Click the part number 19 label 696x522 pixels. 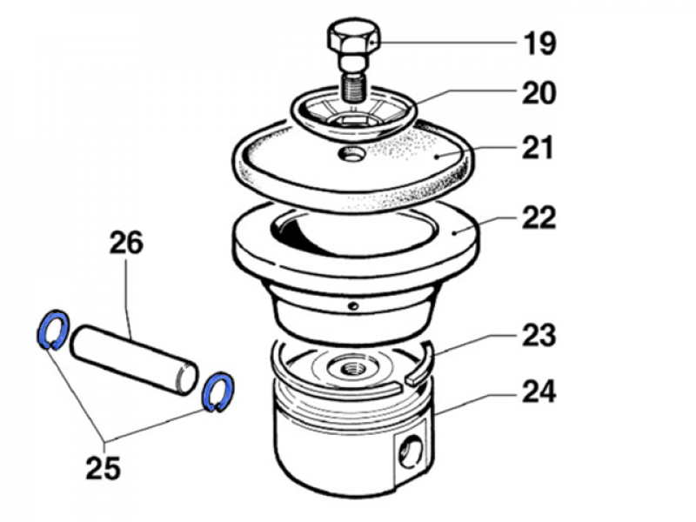point(539,43)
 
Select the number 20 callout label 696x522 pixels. point(539,93)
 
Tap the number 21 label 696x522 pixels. point(538,147)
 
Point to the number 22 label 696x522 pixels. point(539,217)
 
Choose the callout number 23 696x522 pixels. point(539,335)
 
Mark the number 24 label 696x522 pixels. point(539,391)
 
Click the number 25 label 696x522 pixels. point(103,467)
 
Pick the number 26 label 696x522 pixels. point(126,243)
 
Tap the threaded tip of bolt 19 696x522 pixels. point(353,88)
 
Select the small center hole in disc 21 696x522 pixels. point(351,155)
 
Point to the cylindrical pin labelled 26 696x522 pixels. point(134,360)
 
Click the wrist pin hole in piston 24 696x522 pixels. point(411,451)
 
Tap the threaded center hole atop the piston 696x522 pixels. point(350,368)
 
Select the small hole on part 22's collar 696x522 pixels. point(353,306)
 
